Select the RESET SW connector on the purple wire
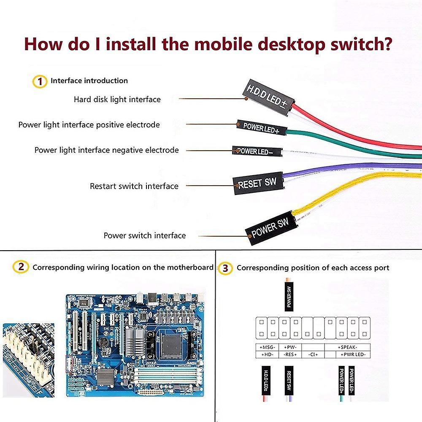pyautogui.click(x=257, y=183)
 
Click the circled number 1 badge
pyautogui.click(x=40, y=81)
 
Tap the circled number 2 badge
pyautogui.click(x=21, y=267)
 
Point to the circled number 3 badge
pyautogui.click(x=227, y=268)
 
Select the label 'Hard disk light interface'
pyautogui.click(x=117, y=100)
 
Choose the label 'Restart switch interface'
pyautogui.click(x=134, y=186)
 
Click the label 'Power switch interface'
pyautogui.click(x=144, y=235)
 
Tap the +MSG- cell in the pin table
pyautogui.click(x=267, y=347)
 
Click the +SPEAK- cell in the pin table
pyautogui.click(x=348, y=347)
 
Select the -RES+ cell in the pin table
pyautogui.click(x=291, y=355)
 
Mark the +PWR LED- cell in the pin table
pyautogui.click(x=354, y=355)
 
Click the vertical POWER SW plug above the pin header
pyautogui.click(x=289, y=297)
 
